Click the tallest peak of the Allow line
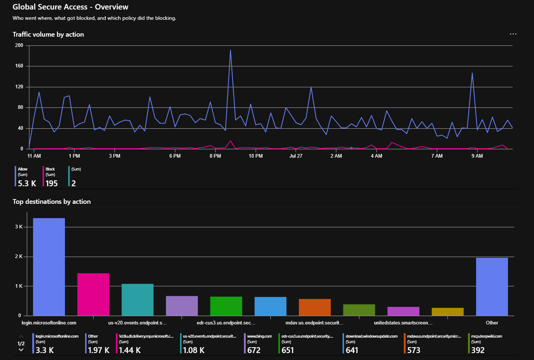230,50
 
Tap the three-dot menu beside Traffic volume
513,34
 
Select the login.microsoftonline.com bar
49,267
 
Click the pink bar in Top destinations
93,294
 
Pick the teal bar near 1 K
138,300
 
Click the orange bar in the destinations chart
315,307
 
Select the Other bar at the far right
492,287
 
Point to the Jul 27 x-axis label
296,156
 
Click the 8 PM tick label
215,156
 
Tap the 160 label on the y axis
19,66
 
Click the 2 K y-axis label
19,256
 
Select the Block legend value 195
51,183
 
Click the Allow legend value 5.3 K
27,183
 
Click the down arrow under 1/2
21,350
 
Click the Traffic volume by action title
48,34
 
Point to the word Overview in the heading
111,7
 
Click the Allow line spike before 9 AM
472,73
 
